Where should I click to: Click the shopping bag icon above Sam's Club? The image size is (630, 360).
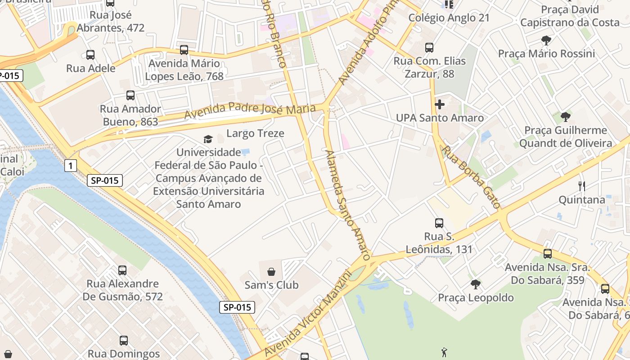[x=271, y=271]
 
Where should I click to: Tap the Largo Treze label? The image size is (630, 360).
[x=255, y=133]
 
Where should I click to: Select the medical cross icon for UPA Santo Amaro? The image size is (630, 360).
[x=440, y=104]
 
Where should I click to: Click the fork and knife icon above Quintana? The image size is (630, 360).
[x=581, y=186]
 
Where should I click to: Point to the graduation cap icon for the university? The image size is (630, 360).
[x=208, y=139]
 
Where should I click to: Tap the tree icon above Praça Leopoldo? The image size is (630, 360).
[x=476, y=284]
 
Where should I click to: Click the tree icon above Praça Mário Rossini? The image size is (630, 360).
[x=546, y=40]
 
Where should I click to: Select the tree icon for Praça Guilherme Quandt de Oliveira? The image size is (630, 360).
[x=566, y=117]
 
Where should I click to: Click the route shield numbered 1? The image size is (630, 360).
[x=70, y=166]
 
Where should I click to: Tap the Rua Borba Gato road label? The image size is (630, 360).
[x=472, y=177]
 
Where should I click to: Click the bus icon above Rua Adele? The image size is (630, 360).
[x=90, y=55]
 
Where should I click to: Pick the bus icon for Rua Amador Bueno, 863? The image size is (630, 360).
[x=130, y=95]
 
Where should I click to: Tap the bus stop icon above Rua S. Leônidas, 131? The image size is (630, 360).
[x=439, y=223]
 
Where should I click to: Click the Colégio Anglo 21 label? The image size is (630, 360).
[x=449, y=18]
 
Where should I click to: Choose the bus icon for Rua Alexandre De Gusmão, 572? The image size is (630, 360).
[x=122, y=270]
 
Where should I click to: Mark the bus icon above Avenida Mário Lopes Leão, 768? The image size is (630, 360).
[x=184, y=50]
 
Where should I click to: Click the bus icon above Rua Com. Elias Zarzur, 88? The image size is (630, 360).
[x=429, y=47]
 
